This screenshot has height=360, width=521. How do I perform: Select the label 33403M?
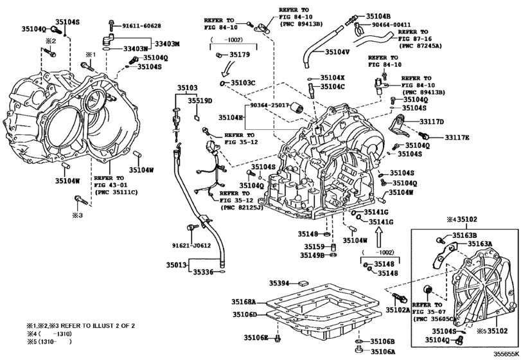pyautogui.click(x=168, y=43)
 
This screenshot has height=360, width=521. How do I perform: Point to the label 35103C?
pyautogui.click(x=243, y=83)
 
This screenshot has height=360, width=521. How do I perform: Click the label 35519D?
pyautogui.click(x=200, y=101)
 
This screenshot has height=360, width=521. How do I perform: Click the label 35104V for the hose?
pyautogui.click(x=337, y=51)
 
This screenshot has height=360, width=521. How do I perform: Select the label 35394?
pyautogui.click(x=279, y=283)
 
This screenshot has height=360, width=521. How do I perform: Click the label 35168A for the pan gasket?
pyautogui.click(x=244, y=301)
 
